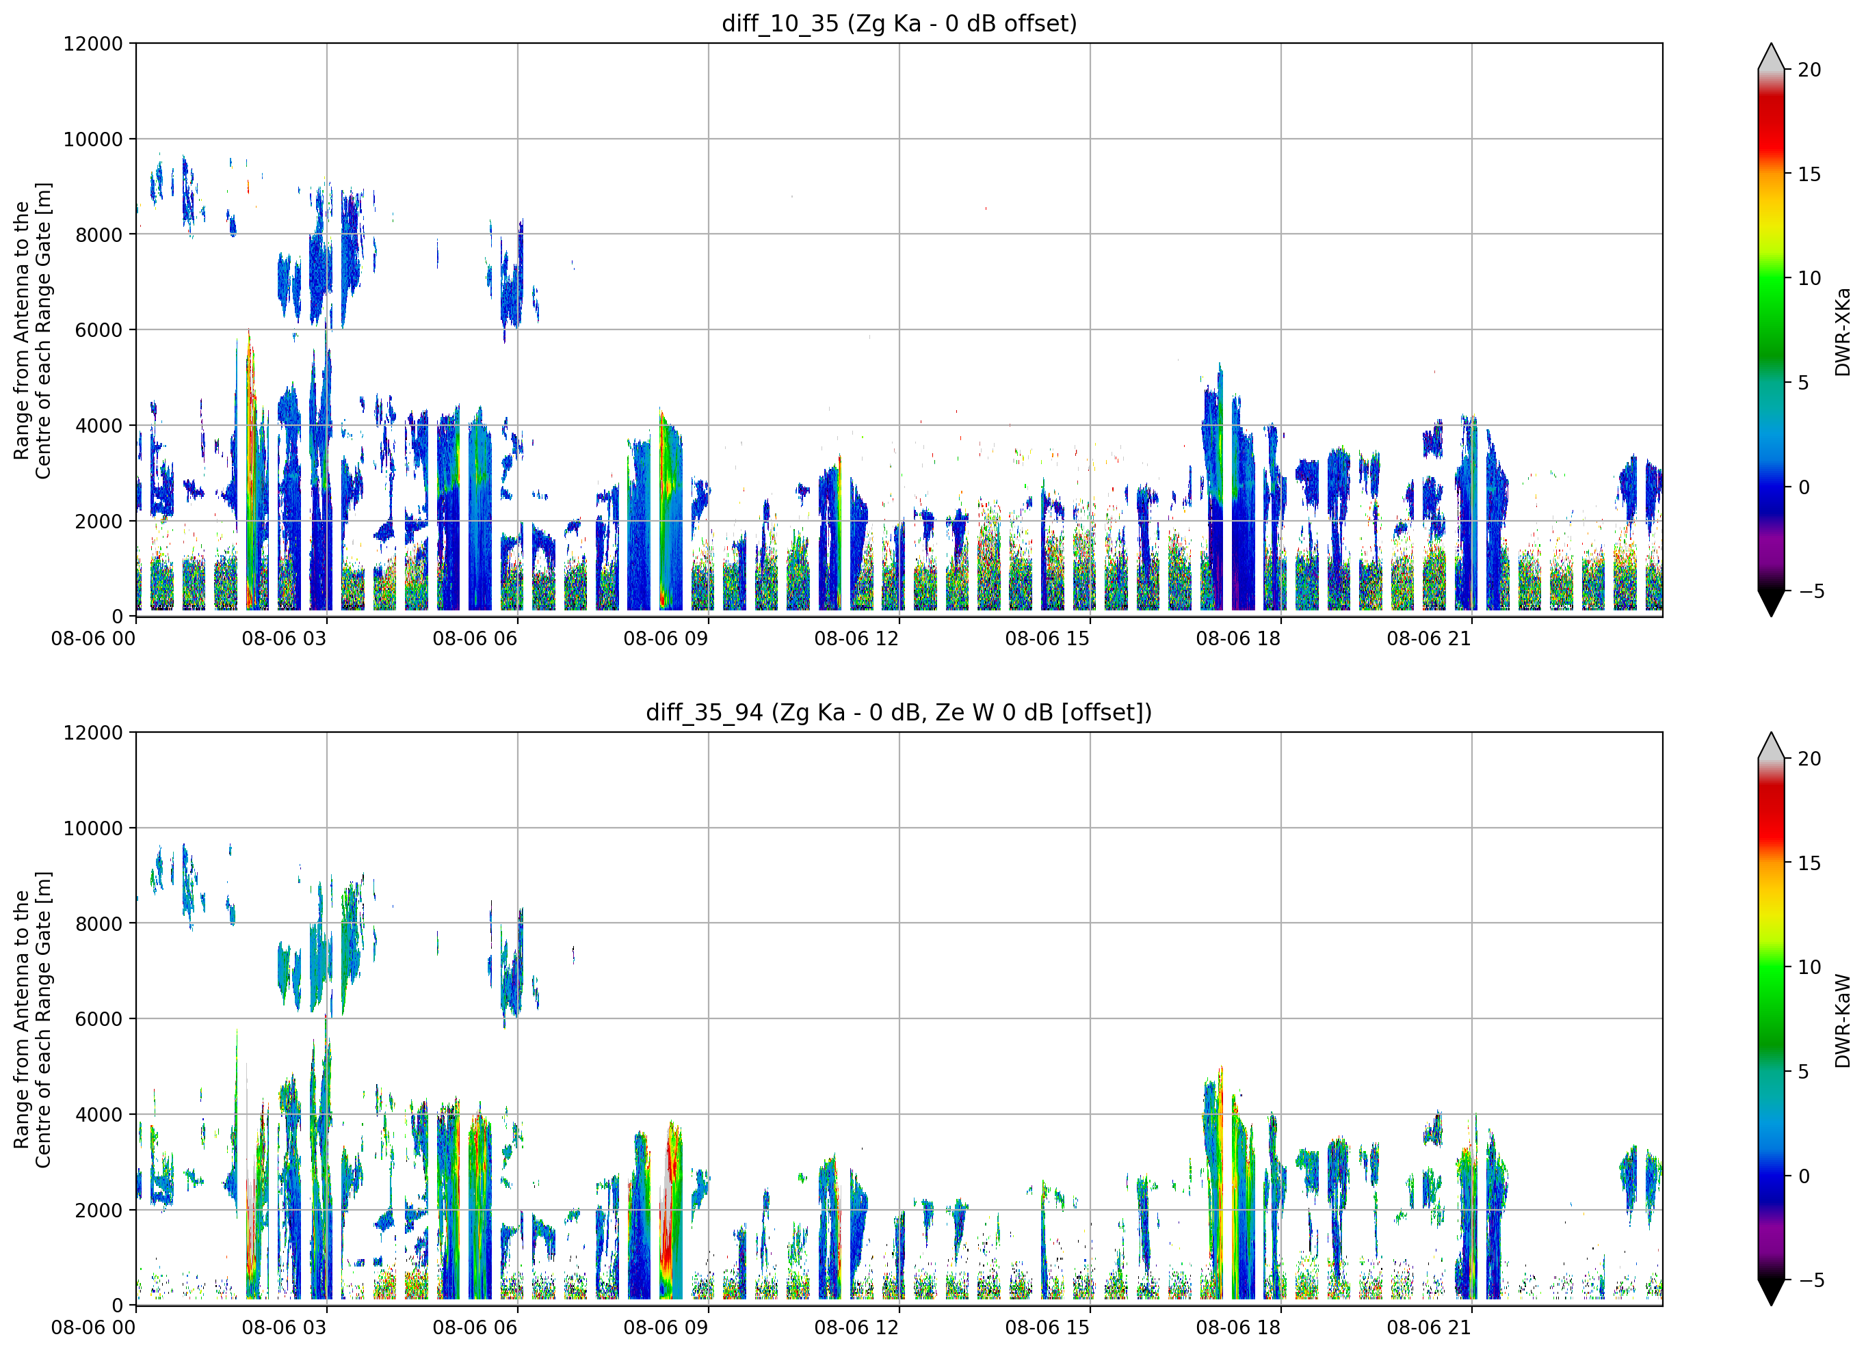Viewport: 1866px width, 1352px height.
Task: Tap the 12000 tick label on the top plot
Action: point(93,44)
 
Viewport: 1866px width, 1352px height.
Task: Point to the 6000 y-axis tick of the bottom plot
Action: point(98,1019)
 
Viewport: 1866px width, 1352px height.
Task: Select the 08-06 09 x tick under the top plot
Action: point(666,639)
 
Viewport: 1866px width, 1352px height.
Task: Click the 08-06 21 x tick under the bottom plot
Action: point(1429,1327)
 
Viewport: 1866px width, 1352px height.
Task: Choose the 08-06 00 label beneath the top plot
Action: point(93,639)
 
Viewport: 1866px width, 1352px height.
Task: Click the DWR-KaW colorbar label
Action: point(1842,1020)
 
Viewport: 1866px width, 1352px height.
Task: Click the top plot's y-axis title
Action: point(32,331)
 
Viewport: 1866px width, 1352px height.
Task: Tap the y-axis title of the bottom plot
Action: point(32,1020)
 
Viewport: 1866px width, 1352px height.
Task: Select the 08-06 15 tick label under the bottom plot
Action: point(1047,1327)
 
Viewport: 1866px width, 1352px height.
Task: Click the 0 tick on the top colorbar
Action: point(1804,487)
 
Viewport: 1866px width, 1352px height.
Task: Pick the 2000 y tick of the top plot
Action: point(98,522)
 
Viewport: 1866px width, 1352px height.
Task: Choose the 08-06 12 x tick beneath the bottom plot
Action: point(856,1327)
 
